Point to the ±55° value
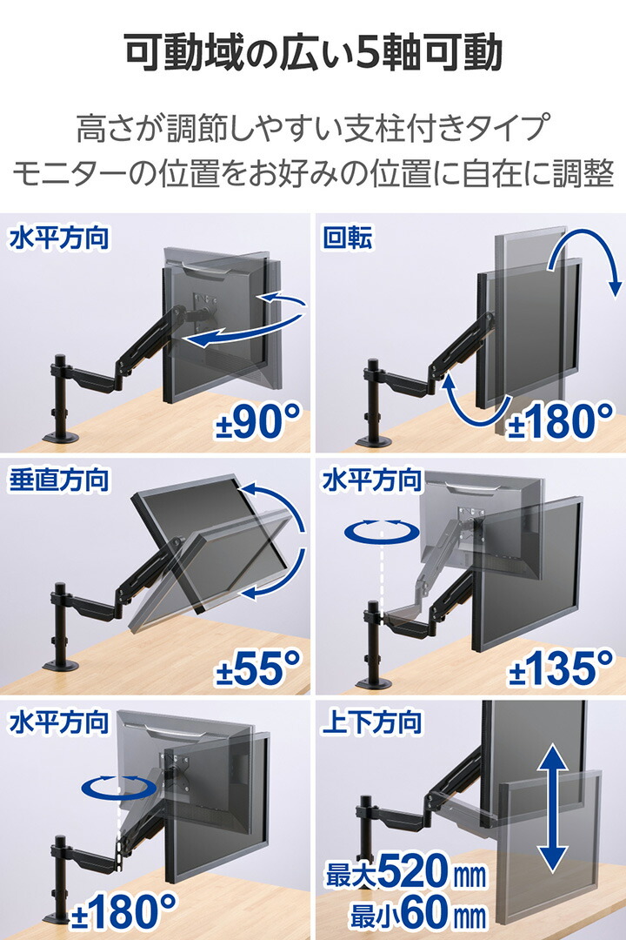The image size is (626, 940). point(258,668)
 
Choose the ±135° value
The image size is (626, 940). point(562,668)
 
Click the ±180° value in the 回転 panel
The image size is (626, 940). point(562,421)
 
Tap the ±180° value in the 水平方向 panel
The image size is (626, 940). point(123,910)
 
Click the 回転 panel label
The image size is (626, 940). point(348,238)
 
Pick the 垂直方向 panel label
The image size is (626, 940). point(59,480)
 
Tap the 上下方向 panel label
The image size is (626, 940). point(372,722)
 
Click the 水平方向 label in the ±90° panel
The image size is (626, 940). point(59,238)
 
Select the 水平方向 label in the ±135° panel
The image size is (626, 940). point(372,480)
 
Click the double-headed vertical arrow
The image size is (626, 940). point(552,808)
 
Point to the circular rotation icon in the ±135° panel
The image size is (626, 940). point(382,531)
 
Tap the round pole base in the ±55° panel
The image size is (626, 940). point(62,666)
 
